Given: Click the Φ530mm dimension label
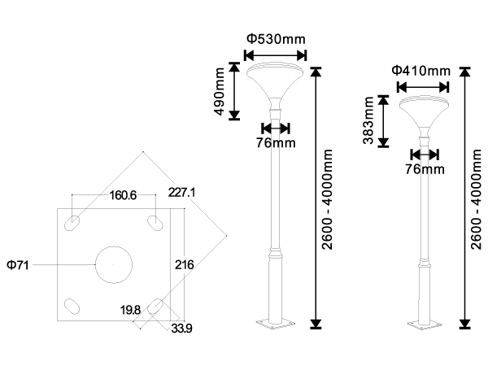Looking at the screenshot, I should (275, 38).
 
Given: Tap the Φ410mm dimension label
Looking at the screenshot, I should (420, 71).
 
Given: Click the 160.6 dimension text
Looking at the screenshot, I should (123, 195).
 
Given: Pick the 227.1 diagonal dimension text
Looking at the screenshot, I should (182, 193).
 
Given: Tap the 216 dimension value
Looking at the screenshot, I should (183, 265).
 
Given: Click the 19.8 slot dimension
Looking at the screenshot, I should (129, 310).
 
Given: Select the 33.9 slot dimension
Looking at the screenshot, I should (181, 329).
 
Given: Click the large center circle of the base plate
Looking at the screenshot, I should (113, 264).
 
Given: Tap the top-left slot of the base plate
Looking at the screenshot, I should (74, 221).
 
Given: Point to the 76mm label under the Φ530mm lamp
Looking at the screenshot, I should (275, 143).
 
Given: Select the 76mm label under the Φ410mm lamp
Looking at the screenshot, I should (425, 169).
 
